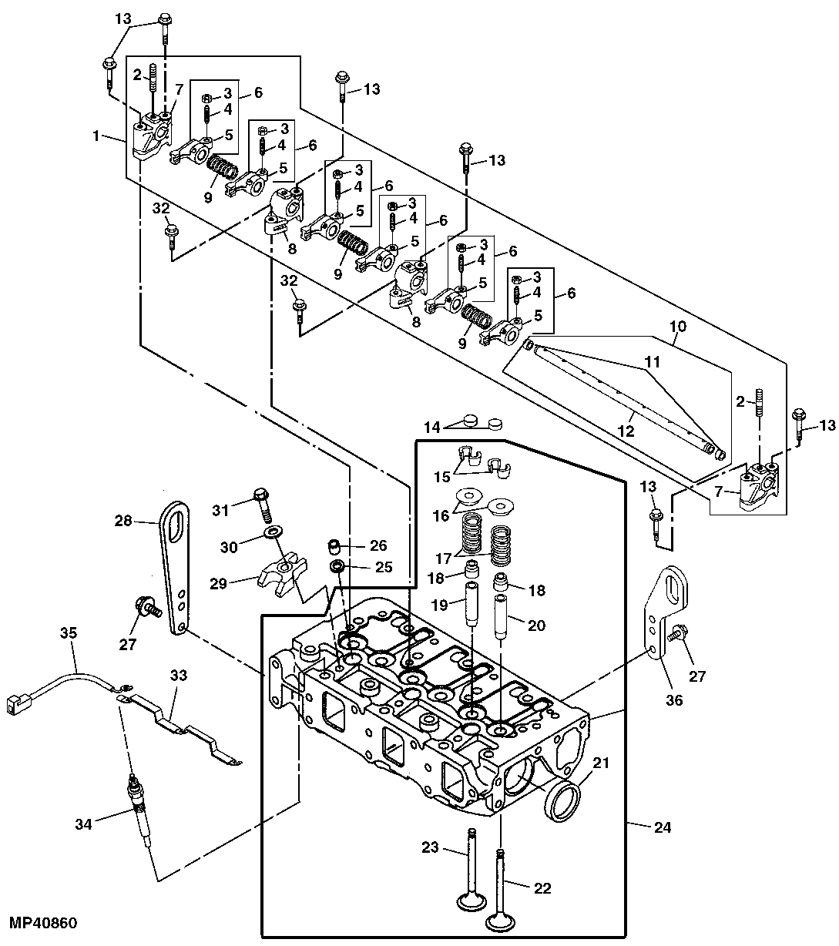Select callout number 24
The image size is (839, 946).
662,828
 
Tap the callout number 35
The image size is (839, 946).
69,634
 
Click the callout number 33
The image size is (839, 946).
179,676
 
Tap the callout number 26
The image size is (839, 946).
378,545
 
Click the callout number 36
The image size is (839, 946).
675,701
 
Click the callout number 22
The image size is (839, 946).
542,887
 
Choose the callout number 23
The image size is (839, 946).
430,847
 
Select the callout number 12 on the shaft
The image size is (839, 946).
626,431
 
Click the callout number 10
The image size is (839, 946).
677,327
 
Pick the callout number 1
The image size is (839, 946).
97,136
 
